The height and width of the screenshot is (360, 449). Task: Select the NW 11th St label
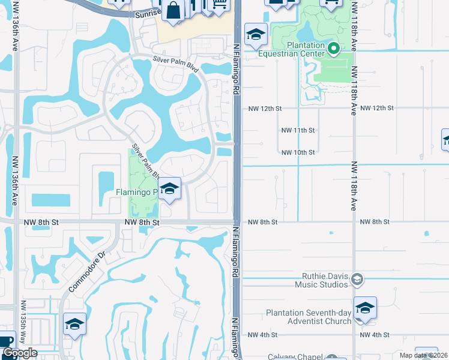pos(298,130)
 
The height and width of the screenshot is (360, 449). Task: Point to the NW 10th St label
pos(298,152)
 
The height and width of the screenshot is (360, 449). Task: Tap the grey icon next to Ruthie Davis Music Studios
pos(357,279)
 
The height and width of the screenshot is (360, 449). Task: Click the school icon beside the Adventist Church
pos(365,308)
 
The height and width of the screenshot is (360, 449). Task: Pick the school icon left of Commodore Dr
pos(74,325)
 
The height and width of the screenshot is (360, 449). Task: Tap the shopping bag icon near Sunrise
pos(173,11)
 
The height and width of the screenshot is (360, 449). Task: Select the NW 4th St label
pos(262,334)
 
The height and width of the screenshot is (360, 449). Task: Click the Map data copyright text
pos(423,355)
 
